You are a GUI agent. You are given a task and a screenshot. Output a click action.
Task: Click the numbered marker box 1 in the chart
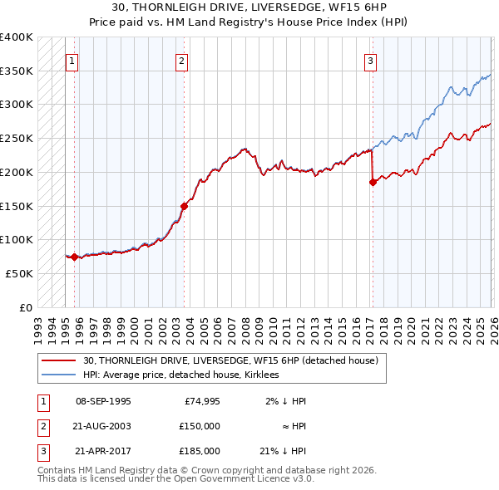tap(72, 60)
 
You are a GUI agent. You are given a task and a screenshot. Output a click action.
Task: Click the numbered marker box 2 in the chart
tap(181, 60)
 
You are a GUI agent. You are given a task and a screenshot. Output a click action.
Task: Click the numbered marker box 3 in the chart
tap(370, 60)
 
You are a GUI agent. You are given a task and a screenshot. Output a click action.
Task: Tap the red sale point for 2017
tap(373, 183)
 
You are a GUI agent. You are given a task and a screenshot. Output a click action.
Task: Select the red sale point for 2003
tap(185, 206)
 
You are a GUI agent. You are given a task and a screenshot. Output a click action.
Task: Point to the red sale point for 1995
tap(75, 257)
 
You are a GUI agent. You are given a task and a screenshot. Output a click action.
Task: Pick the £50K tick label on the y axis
tap(19, 273)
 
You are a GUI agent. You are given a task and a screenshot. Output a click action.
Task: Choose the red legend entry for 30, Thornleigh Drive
tap(230, 360)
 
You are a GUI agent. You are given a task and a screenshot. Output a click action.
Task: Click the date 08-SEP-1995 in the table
tap(103, 401)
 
